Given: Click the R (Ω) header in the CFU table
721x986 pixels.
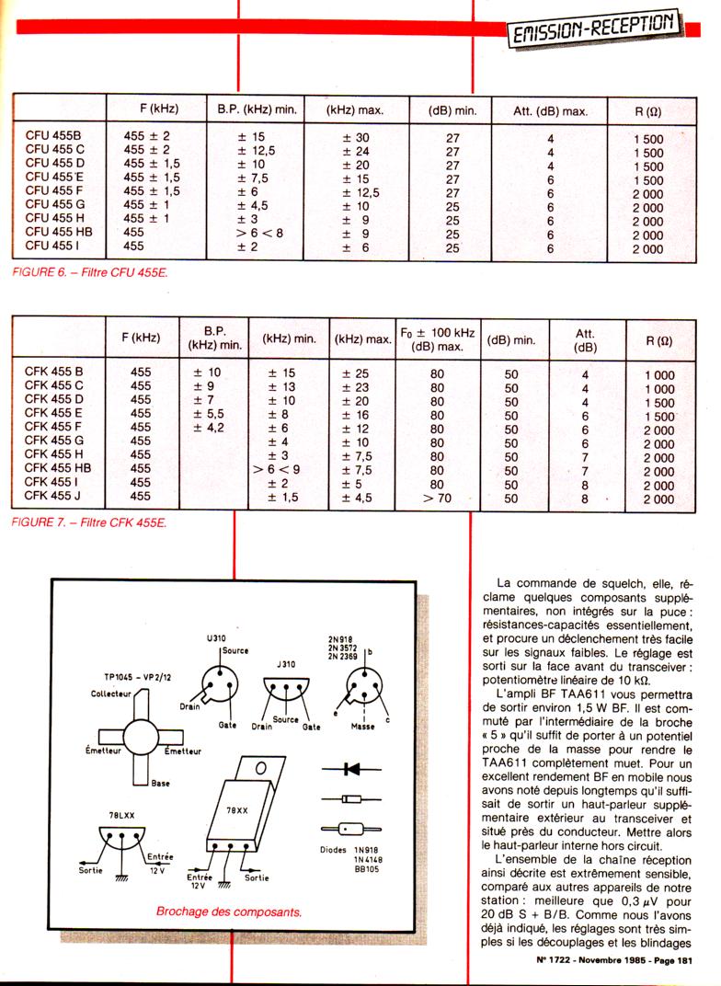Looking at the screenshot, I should (x=647, y=111).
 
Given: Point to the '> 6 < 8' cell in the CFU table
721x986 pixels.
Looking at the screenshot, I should (x=255, y=233).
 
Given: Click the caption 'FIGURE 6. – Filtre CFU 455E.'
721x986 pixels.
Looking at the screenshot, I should (x=91, y=272).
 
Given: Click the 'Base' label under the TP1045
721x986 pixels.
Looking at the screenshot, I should (x=160, y=784).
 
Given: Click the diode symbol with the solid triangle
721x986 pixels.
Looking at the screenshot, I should (x=352, y=767).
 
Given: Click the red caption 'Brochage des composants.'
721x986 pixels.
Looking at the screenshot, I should (x=231, y=913).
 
